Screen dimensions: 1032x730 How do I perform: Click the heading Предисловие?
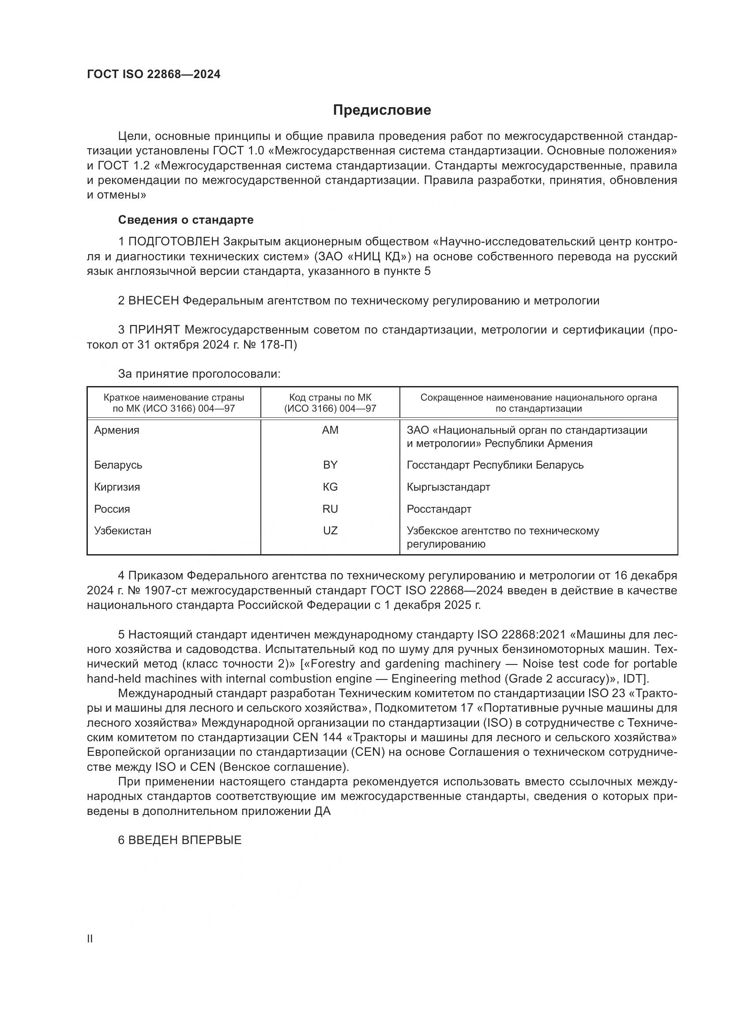382,110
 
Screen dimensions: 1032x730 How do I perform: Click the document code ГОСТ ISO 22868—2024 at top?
154,75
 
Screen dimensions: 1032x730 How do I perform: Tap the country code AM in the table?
330,430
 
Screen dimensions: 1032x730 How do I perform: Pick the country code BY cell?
330,465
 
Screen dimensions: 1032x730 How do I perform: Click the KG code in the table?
330,487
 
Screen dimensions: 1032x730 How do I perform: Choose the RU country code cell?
330,509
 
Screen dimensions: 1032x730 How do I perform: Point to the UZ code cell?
330,530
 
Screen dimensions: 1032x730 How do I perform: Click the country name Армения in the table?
117,430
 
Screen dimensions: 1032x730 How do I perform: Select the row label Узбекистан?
122,530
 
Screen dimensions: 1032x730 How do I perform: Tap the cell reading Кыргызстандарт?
448,487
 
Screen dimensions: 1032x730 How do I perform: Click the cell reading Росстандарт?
439,509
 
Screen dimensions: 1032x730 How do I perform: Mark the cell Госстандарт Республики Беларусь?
495,465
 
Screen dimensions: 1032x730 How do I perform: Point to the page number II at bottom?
90,938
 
